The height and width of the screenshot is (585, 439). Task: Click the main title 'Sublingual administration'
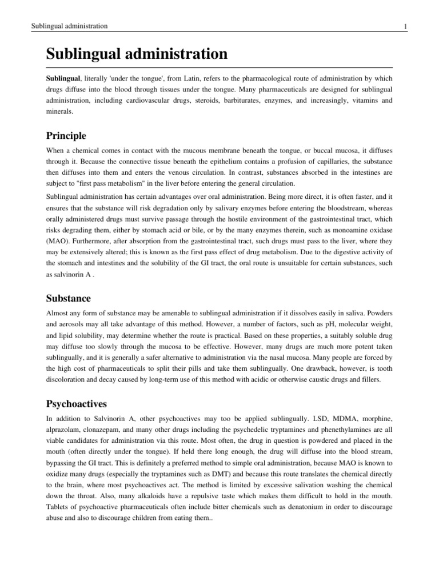click(x=137, y=55)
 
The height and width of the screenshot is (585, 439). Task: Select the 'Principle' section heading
click(x=66, y=136)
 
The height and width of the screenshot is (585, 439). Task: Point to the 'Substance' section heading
click(x=68, y=298)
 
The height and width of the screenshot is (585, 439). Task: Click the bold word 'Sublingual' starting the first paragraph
click(x=66, y=77)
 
